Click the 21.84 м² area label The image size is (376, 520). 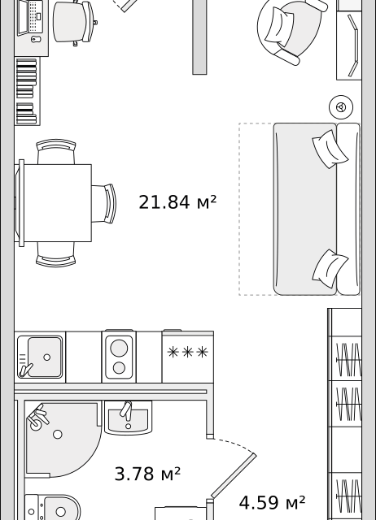(x=177, y=202)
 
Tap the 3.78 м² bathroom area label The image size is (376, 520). (x=147, y=474)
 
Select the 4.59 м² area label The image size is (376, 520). (x=272, y=502)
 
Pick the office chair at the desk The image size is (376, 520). (x=75, y=22)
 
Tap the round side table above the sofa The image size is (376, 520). (x=341, y=107)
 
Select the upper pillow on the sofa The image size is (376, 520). (x=330, y=149)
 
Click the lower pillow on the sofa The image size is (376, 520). (x=330, y=269)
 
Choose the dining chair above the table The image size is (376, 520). (x=56, y=152)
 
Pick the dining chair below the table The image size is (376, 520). (x=56, y=254)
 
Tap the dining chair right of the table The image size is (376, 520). (x=104, y=204)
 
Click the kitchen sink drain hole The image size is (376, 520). (x=47, y=357)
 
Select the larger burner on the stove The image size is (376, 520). (x=119, y=348)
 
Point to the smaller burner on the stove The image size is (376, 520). (x=119, y=368)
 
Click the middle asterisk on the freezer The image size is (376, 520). (x=188, y=352)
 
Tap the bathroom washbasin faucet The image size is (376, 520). (x=126, y=410)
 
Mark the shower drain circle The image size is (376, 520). (x=58, y=434)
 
